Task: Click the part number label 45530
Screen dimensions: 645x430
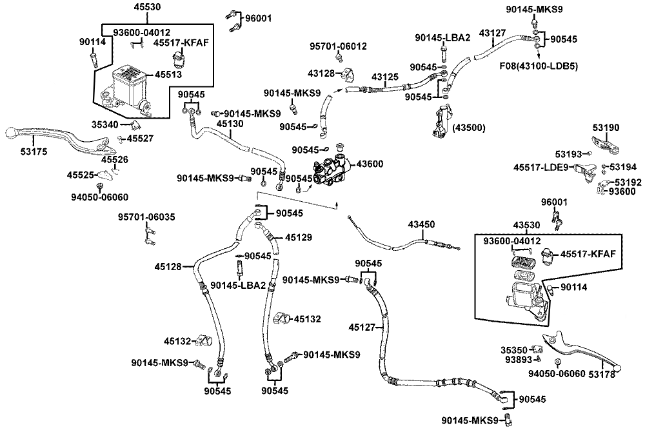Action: point(147,7)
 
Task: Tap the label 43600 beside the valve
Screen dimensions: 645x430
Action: point(370,164)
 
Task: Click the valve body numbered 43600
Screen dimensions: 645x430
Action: point(332,170)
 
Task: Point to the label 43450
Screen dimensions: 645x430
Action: point(421,224)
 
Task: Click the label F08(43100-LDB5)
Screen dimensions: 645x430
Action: point(539,66)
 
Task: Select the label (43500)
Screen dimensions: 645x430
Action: point(469,128)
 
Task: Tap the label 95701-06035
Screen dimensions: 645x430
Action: point(146,217)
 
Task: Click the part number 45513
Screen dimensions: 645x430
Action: point(168,74)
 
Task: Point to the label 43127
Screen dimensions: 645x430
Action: point(492,34)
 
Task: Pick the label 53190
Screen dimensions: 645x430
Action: point(606,128)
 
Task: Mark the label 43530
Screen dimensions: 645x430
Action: point(526,225)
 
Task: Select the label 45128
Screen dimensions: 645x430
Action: point(168,267)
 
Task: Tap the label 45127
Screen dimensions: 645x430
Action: point(362,327)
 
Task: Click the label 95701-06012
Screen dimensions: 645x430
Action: point(338,46)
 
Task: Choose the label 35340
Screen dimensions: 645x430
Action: point(105,124)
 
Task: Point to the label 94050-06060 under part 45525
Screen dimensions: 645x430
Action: point(99,197)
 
